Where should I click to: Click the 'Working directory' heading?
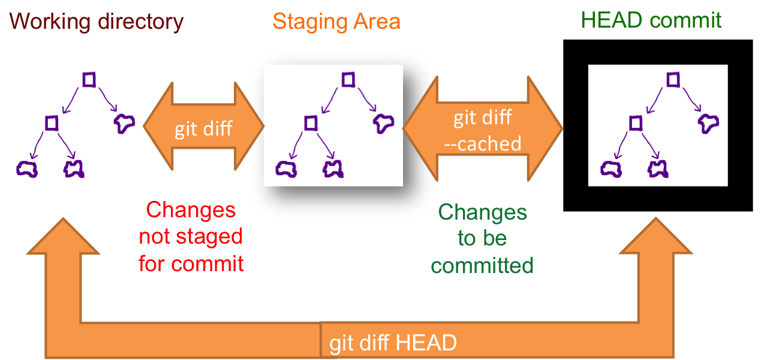pyautogui.click(x=96, y=22)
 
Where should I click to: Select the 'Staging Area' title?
pyautogui.click(x=336, y=22)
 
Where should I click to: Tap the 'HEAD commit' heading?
pyautogui.click(x=651, y=20)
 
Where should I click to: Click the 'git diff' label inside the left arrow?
pyautogui.click(x=203, y=129)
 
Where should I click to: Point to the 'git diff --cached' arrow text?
pyautogui.click(x=483, y=130)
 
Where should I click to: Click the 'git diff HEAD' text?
pyautogui.click(x=393, y=343)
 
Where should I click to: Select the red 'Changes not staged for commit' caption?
pyautogui.click(x=191, y=237)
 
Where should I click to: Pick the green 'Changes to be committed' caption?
pyautogui.click(x=482, y=238)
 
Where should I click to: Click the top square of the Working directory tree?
pyautogui.click(x=89, y=79)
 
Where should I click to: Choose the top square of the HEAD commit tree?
pyautogui.click(x=673, y=79)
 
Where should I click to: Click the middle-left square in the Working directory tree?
pyautogui.click(x=52, y=123)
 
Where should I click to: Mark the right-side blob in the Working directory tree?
pyautogui.click(x=124, y=123)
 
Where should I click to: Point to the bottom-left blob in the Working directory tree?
pyautogui.click(x=27, y=169)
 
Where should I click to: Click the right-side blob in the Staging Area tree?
pyautogui.click(x=383, y=123)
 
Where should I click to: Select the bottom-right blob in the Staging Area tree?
pyautogui.click(x=332, y=169)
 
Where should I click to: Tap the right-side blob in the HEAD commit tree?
pyautogui.click(x=708, y=123)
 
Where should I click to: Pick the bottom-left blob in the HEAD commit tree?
pyautogui.click(x=611, y=169)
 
